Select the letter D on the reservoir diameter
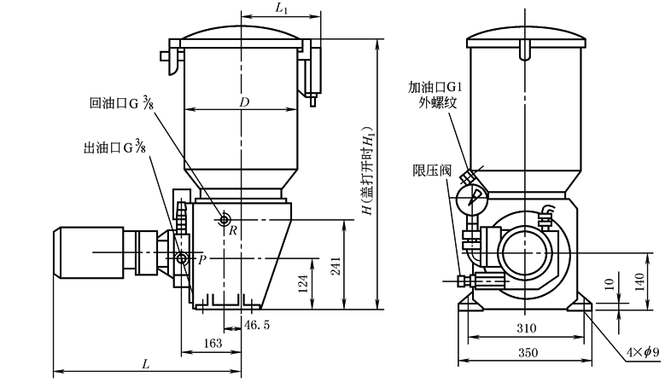[244, 102]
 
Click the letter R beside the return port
[232, 230]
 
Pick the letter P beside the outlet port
[202, 259]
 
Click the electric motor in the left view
[94, 252]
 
